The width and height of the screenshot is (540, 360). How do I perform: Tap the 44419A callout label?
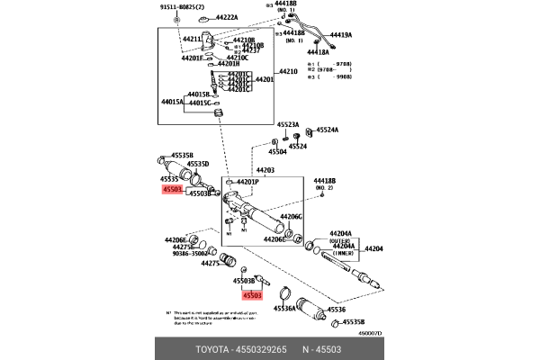339,35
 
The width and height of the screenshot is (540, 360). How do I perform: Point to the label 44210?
287,71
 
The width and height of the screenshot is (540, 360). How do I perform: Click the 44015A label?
172,102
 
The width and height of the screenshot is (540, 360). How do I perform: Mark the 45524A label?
326,130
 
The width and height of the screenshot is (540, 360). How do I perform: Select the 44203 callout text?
265,170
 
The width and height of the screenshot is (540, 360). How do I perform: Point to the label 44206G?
291,217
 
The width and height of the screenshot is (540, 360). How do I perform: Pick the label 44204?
373,248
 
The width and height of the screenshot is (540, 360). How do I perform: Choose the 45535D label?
197,164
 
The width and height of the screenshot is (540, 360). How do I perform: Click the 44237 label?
251,50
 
